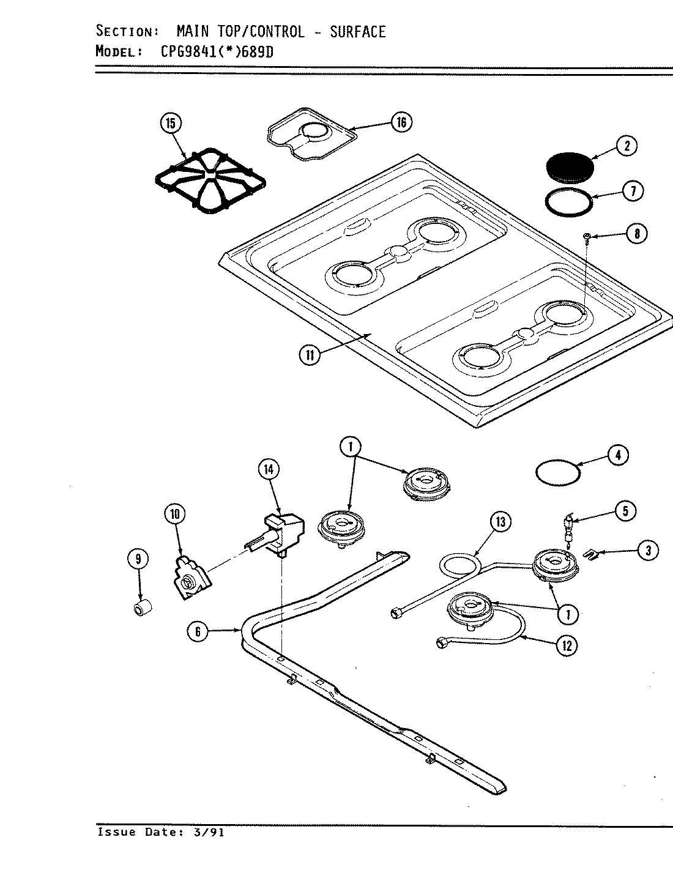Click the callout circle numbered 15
(170, 124)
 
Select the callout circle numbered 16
(401, 122)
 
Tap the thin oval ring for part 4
(557, 472)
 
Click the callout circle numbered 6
(198, 631)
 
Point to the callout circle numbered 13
(500, 522)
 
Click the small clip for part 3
(592, 554)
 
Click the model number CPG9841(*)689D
(217, 51)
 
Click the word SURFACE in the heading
(358, 31)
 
